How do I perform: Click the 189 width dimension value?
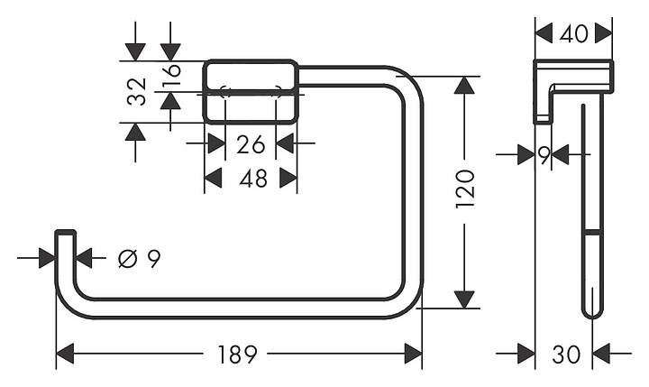tap(239, 355)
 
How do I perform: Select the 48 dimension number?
tap(252, 179)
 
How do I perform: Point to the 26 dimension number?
tap(251, 143)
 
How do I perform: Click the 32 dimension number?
tap(136, 91)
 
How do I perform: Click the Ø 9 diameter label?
tap(140, 260)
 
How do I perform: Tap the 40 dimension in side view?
tap(574, 33)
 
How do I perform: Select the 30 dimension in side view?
tap(565, 355)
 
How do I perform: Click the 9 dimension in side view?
tap(544, 155)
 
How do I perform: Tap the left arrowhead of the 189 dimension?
tap(66, 354)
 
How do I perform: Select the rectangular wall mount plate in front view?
tap(251, 91)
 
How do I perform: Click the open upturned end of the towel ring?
tap(65, 236)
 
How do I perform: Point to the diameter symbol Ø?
tap(127, 260)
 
